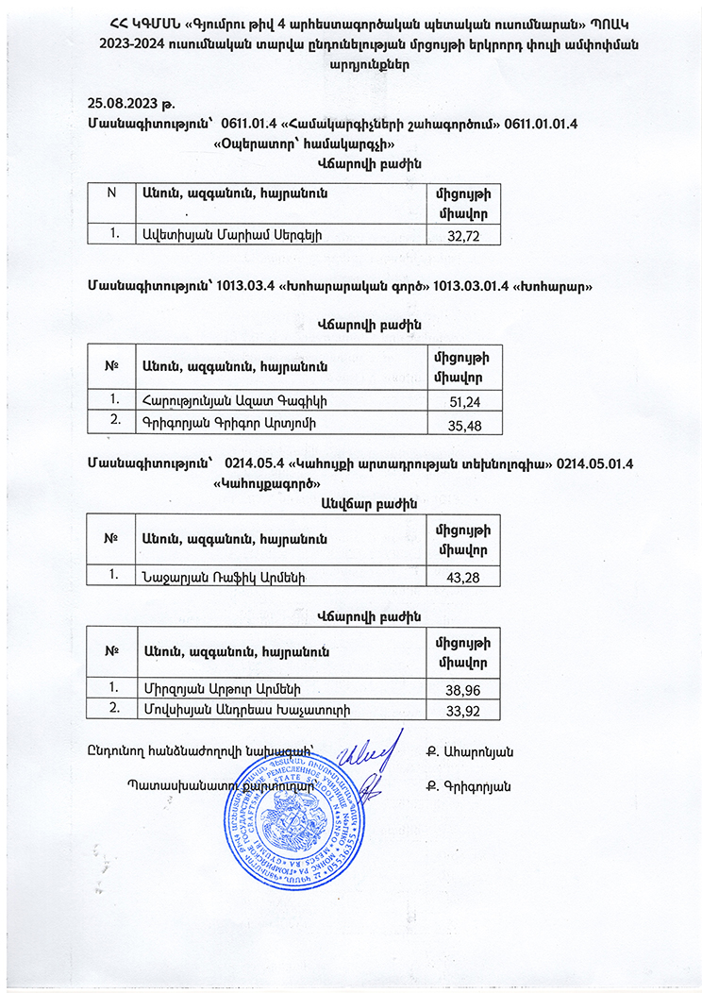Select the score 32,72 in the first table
pos(464,236)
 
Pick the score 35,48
pos(464,426)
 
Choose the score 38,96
pos(464,690)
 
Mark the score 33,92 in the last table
pos(464,711)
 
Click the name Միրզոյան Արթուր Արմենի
pos(221,687)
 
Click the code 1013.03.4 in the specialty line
pos(244,285)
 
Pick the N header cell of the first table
pos(111,193)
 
